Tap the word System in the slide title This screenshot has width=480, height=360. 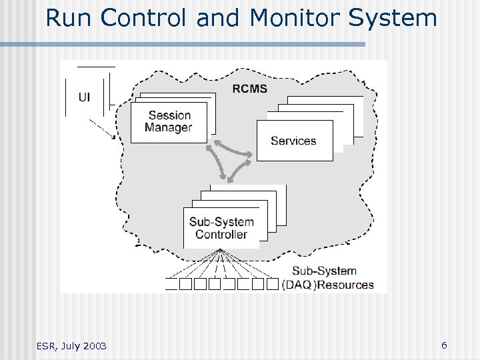(393, 18)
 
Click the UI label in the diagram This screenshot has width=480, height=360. (85, 97)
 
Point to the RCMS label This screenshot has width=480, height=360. (251, 88)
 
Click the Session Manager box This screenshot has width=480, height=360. (169, 122)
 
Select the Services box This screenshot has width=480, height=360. (294, 141)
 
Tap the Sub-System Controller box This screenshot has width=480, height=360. (221, 228)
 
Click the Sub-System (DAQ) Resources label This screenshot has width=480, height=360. (327, 278)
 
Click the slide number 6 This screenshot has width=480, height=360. (444, 345)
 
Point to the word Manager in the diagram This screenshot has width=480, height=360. (169, 128)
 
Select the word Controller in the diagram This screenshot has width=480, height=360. (221, 234)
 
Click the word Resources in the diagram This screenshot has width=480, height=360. (345, 285)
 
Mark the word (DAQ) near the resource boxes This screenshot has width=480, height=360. (298, 285)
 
